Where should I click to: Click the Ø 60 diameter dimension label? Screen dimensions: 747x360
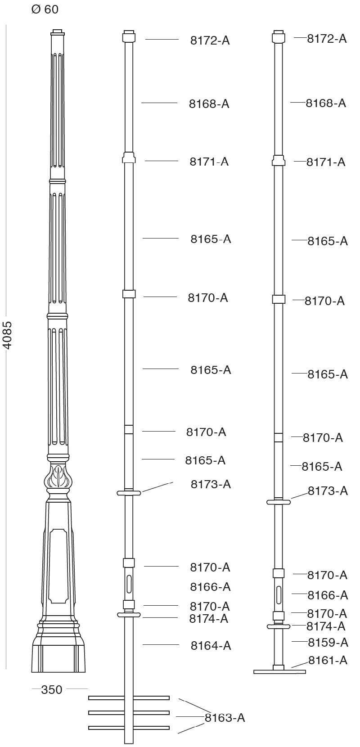(x=45, y=9)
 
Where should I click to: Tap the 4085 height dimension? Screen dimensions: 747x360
(x=8, y=335)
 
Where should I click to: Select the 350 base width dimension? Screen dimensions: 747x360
(x=51, y=689)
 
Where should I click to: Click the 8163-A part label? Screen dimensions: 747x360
(x=225, y=718)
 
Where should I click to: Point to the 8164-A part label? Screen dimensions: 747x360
(x=211, y=646)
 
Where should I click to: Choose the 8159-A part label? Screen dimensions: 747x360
(x=328, y=642)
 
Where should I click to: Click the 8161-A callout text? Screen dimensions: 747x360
(x=328, y=660)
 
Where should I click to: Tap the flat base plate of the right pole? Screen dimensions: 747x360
(x=279, y=672)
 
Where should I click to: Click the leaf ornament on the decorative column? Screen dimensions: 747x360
(x=58, y=477)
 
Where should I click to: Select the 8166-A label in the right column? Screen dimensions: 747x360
(x=328, y=595)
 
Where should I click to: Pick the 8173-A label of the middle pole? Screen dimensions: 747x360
(x=211, y=484)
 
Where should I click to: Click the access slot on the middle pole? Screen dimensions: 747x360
(x=130, y=584)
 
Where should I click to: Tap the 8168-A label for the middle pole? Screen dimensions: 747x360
(x=209, y=104)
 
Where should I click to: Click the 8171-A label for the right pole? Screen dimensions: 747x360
(x=326, y=162)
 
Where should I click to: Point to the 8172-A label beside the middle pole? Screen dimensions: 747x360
(x=210, y=40)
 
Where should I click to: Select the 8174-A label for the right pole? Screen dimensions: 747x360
(x=326, y=626)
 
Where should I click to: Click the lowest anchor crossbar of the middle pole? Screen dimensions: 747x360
(x=129, y=728)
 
